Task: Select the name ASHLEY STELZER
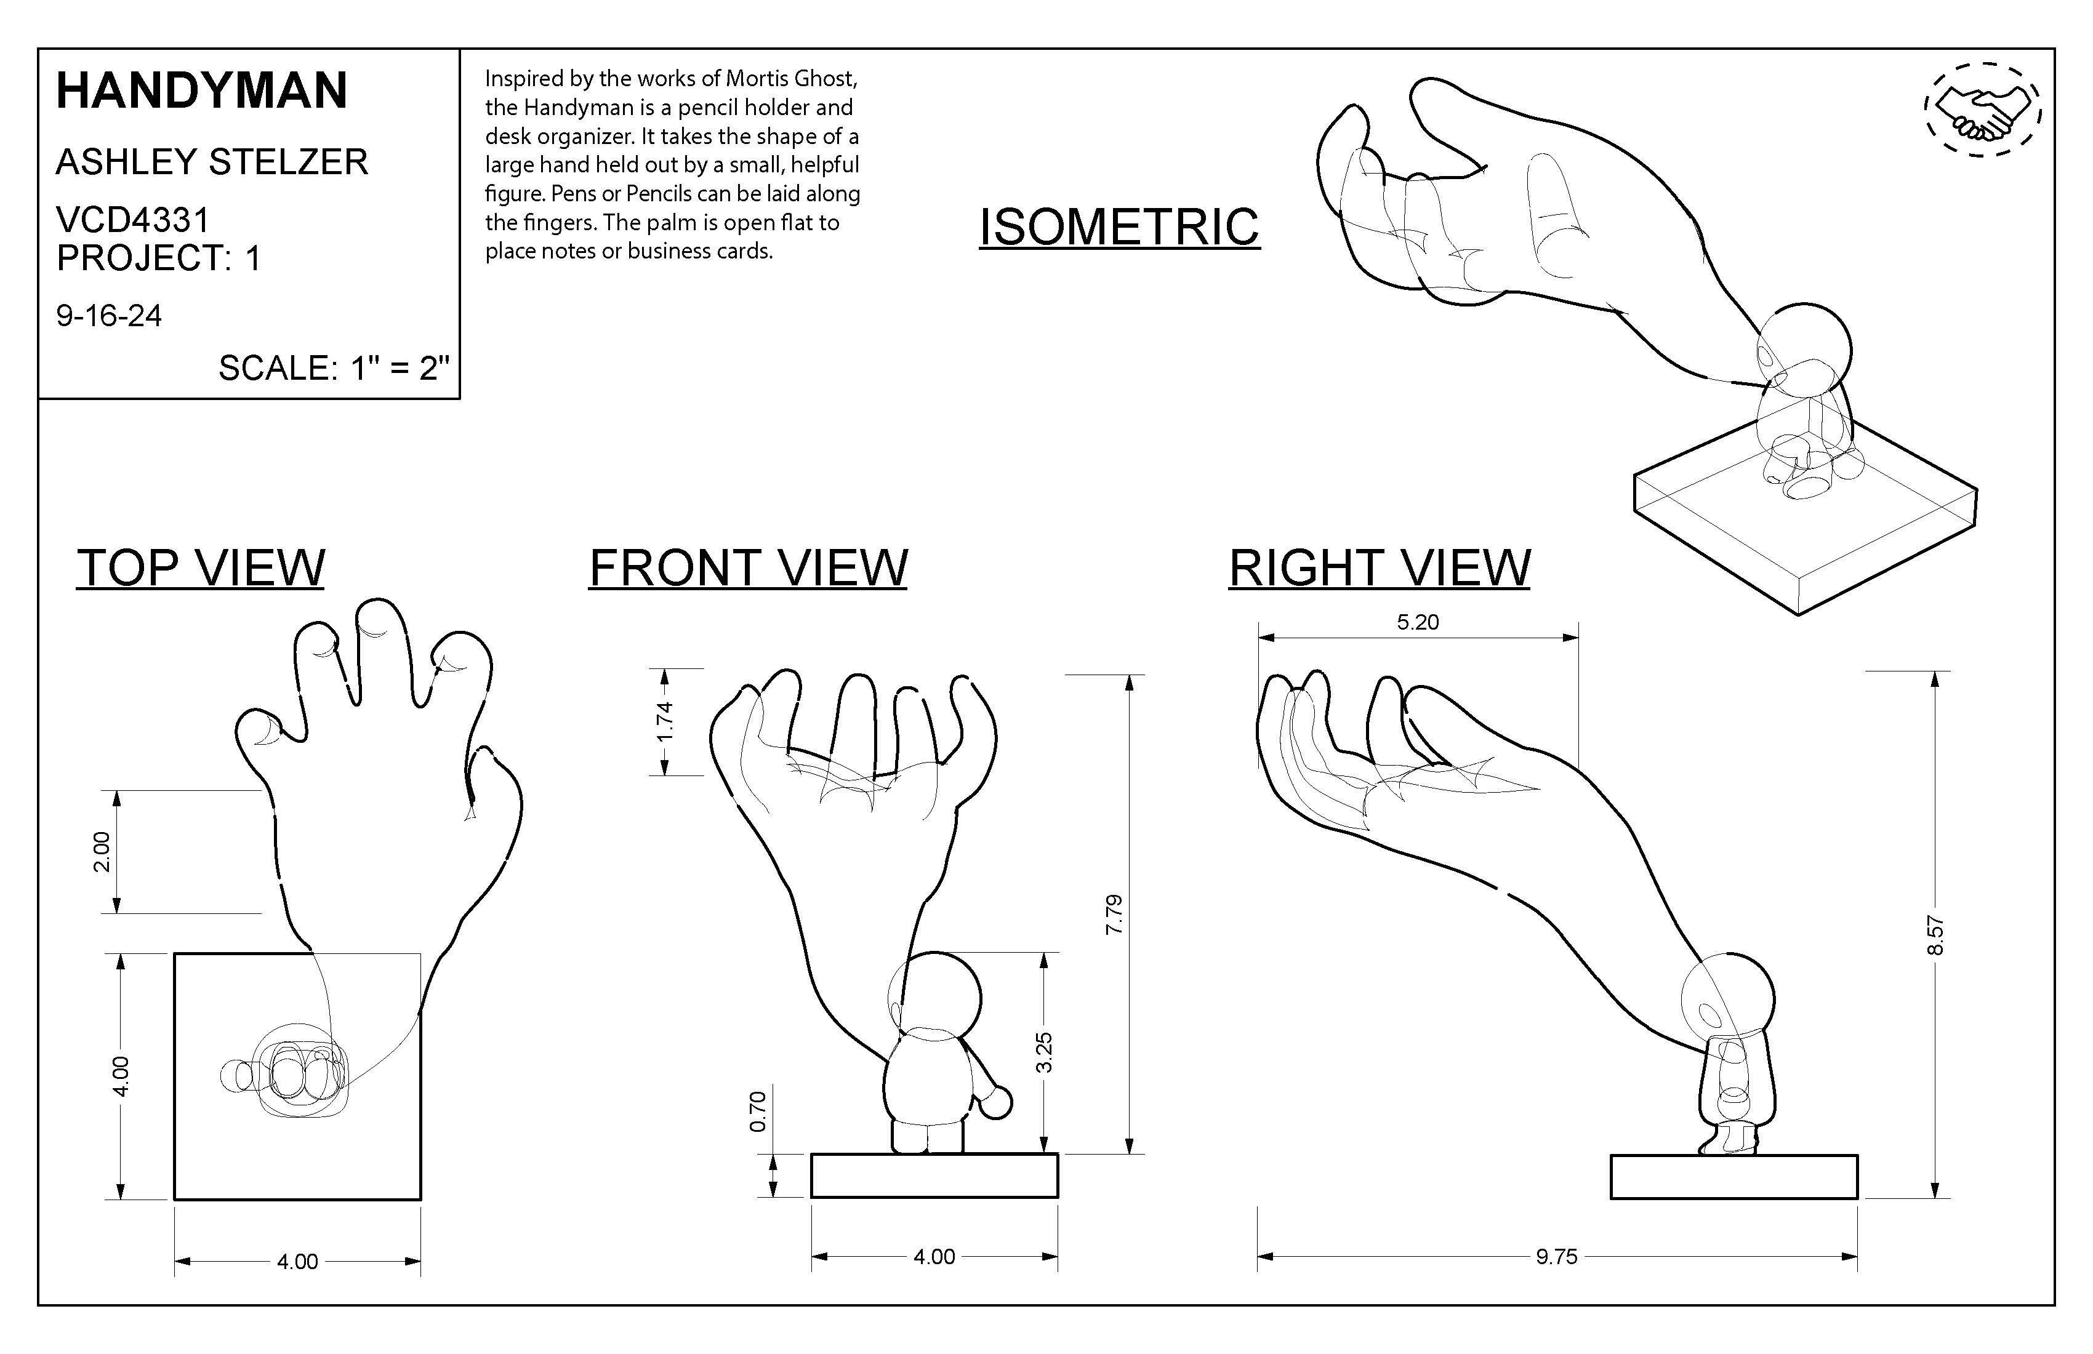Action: pos(212,162)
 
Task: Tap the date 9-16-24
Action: pos(109,316)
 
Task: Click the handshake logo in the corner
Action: pos(1983,111)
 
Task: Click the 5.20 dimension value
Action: pos(1418,622)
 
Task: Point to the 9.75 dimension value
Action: pos(1557,1256)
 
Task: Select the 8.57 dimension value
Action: pos(1935,935)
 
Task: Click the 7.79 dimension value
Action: pos(1114,915)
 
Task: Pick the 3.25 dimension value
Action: pos(1044,1052)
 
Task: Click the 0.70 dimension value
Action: pos(758,1112)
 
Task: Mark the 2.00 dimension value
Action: pos(102,851)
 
